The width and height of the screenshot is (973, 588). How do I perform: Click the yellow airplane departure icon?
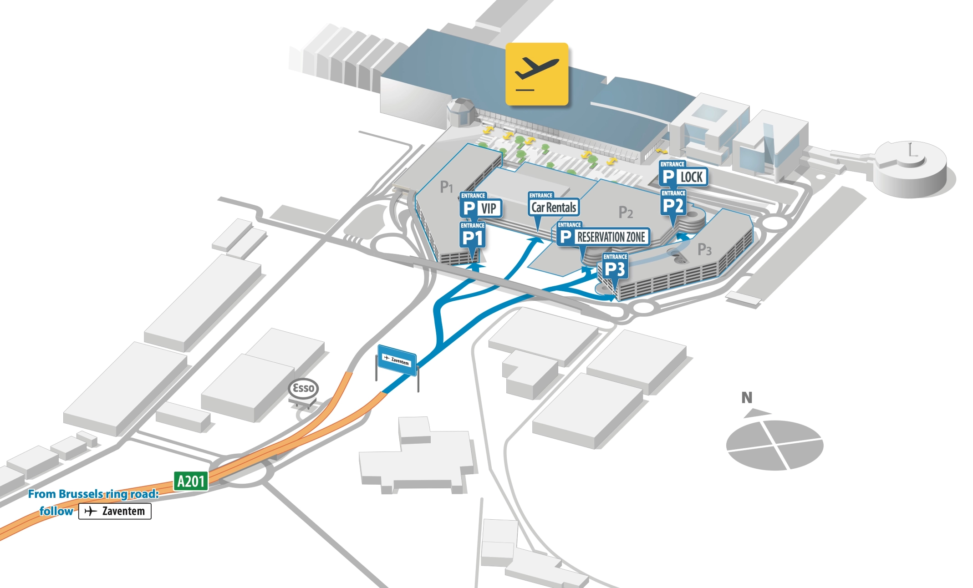[x=537, y=74]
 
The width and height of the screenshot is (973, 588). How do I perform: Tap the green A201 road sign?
[x=191, y=481]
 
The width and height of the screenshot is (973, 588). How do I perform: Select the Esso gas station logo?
[x=303, y=388]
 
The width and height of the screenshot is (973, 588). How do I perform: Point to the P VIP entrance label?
[x=480, y=208]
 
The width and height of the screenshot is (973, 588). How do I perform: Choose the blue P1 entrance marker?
[x=472, y=238]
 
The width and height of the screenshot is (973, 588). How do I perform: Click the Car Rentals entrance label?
[x=554, y=207]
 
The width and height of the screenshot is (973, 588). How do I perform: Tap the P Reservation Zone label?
[x=603, y=237]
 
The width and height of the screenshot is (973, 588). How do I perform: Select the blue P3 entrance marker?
[x=615, y=269]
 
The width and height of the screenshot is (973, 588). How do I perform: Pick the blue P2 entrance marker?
[x=673, y=205]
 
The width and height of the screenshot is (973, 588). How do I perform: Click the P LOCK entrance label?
[x=683, y=177]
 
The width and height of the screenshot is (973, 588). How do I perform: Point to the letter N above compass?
[x=747, y=398]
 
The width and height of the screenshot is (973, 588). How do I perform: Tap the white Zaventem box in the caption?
[x=115, y=511]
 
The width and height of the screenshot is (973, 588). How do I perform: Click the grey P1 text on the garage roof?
[x=446, y=187]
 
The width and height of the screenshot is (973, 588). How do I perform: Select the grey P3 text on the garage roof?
[x=704, y=249]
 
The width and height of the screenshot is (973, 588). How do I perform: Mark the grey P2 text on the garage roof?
[x=626, y=213]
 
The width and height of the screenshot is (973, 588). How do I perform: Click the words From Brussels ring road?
[x=93, y=494]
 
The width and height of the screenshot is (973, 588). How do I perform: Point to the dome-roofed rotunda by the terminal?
[x=460, y=112]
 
